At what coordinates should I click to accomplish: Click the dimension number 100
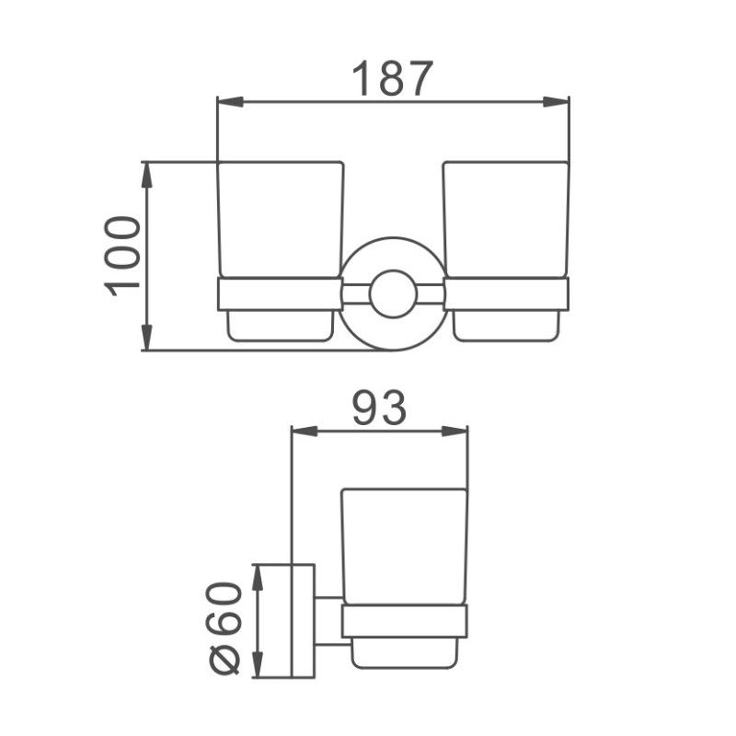click(x=122, y=256)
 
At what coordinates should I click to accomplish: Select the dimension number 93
click(x=379, y=408)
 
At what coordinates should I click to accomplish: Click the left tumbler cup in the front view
click(x=281, y=221)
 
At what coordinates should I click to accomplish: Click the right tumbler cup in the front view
click(x=505, y=221)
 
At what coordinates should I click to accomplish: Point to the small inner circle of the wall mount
click(x=393, y=293)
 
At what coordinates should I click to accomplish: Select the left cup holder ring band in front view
click(x=280, y=293)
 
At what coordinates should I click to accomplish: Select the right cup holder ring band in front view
click(x=506, y=293)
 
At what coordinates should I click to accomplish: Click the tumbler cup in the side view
click(x=404, y=546)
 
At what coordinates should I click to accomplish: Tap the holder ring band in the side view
click(x=404, y=622)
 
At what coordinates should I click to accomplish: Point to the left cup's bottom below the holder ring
click(x=280, y=326)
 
